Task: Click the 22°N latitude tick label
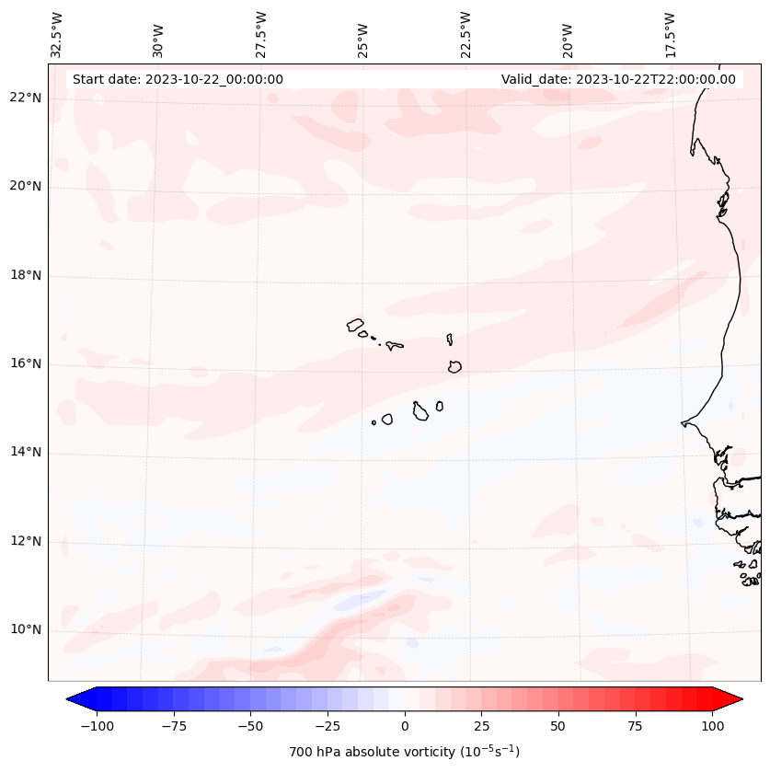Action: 26,98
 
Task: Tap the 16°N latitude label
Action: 26,364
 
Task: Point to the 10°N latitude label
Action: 26,629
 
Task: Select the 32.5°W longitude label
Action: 57,34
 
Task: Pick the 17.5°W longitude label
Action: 671,34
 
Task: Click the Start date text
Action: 178,79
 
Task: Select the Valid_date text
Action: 618,79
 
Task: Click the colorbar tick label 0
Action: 405,726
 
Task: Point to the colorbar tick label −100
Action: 97,726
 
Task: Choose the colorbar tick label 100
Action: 712,726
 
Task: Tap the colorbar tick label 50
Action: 558,726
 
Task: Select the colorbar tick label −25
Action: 328,726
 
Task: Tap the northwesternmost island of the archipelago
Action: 355,324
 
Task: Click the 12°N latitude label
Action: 26,541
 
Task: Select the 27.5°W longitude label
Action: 262,34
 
